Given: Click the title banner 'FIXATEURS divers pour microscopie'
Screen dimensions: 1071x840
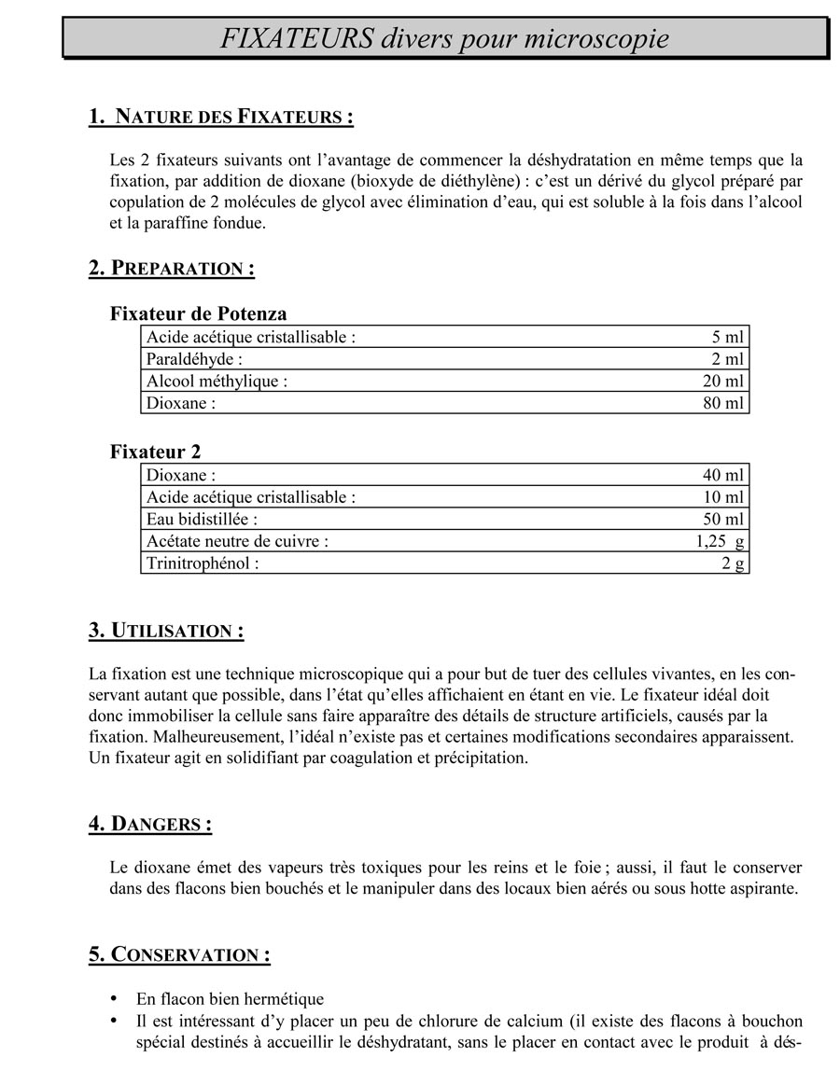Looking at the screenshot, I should point(445,39).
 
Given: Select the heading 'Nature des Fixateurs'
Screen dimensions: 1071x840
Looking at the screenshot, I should point(221,117).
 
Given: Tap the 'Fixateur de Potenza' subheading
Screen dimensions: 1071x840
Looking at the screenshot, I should point(199,313).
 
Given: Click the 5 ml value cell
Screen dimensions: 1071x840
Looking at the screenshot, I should point(727,337).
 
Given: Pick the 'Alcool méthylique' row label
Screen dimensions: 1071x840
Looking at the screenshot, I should point(217,381).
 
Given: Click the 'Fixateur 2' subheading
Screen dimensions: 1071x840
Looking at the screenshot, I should point(155,452).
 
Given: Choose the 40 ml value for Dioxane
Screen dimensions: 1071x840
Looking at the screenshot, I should point(722,475).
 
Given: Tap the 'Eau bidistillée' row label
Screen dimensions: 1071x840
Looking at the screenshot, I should point(202,519).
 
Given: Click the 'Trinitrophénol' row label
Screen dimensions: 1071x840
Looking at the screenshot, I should point(203,563).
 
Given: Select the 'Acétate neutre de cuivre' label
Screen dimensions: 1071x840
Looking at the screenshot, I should point(237,541).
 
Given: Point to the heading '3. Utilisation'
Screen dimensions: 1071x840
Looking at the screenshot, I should point(166,631).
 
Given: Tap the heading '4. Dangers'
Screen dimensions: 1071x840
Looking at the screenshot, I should point(150,824).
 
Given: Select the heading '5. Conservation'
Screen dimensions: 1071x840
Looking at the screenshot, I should point(179,954).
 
